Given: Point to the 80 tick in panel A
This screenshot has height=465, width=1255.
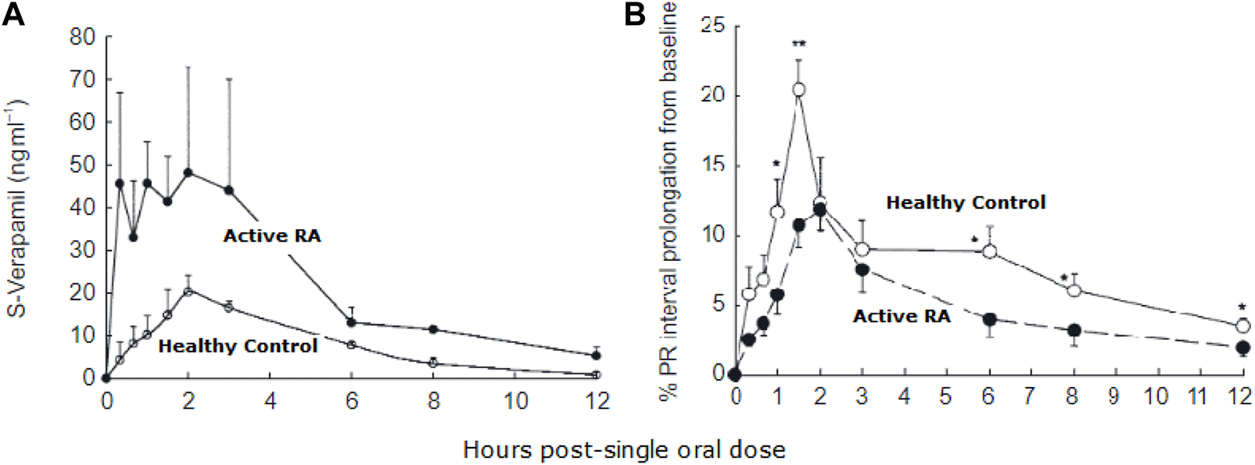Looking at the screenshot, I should (x=82, y=38).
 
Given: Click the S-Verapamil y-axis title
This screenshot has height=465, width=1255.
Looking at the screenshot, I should (x=16, y=208).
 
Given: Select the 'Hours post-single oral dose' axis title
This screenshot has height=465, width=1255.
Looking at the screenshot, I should (x=624, y=449).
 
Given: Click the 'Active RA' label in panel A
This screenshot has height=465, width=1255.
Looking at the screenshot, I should (x=272, y=236).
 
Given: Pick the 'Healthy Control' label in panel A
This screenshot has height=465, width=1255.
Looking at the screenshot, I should (x=238, y=345).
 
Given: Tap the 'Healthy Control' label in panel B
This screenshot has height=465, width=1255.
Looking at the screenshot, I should (x=966, y=203).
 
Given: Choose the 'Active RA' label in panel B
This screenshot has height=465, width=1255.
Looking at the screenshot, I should (x=902, y=316).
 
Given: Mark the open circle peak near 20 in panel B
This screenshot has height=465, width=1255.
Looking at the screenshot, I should (x=798, y=90).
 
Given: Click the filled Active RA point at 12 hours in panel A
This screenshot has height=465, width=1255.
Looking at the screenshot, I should (x=597, y=356).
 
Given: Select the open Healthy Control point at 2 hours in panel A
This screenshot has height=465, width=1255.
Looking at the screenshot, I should (x=188, y=292).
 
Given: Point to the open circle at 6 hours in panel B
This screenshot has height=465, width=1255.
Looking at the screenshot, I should (x=989, y=252).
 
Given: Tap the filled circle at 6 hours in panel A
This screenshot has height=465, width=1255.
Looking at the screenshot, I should (x=351, y=322).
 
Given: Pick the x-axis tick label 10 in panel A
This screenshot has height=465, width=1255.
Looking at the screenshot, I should (x=515, y=401).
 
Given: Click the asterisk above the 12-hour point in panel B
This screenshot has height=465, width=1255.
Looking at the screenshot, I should (x=1242, y=307).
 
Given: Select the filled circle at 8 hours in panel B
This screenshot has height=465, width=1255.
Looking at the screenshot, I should (x=1074, y=331).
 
